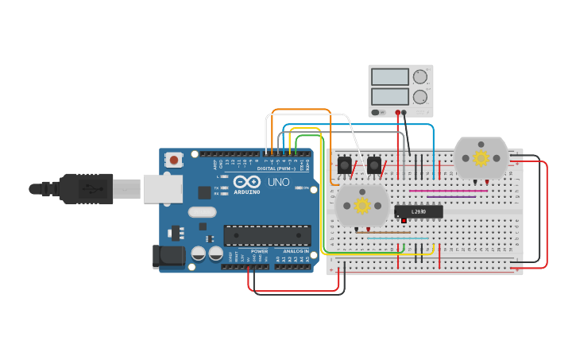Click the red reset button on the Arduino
[174, 160]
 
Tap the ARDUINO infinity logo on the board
[246, 183]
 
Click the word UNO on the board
[279, 182]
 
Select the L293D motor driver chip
[419, 211]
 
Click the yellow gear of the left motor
[362, 206]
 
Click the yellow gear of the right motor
[481, 157]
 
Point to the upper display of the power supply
[389, 77]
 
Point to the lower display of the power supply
[389, 97]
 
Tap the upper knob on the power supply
[419, 77]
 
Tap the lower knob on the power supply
[419, 97]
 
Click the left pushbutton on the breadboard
[344, 165]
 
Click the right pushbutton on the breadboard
[373, 165]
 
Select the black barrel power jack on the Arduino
[168, 256]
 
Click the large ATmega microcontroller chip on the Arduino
[267, 235]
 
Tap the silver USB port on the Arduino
[162, 189]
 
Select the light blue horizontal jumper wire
[397, 238]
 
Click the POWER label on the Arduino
[260, 252]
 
